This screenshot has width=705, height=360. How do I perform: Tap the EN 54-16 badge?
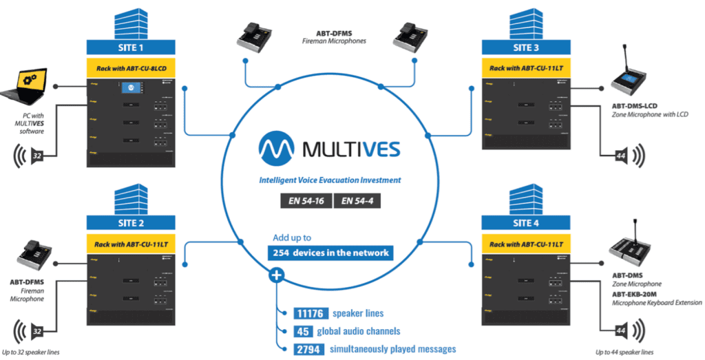[306, 202]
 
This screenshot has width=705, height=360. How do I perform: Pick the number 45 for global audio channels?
[304, 330]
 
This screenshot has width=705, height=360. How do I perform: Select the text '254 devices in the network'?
[332, 253]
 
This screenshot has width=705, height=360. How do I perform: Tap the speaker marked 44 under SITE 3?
[631, 156]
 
